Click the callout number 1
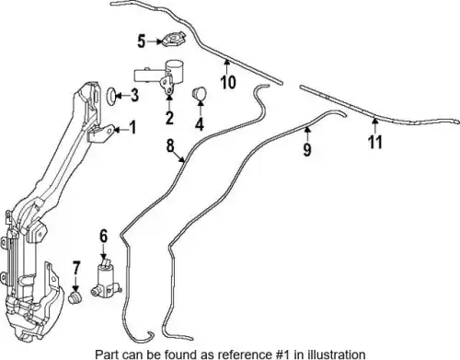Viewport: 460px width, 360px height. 132,127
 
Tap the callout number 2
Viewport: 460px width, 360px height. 169,118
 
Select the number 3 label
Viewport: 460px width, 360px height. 134,95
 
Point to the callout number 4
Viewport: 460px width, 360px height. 200,124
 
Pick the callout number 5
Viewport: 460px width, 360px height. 141,41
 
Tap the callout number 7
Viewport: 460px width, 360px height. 75,268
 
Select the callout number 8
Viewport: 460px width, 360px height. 170,145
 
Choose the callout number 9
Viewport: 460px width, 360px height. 307,149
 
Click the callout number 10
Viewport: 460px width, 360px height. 228,82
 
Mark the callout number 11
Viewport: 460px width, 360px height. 375,142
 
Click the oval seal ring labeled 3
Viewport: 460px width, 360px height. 112,96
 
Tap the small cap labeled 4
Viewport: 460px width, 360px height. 199,93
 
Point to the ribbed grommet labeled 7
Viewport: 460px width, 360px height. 75,298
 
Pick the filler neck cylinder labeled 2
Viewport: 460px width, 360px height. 159,76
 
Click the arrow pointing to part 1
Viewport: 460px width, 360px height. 121,130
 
